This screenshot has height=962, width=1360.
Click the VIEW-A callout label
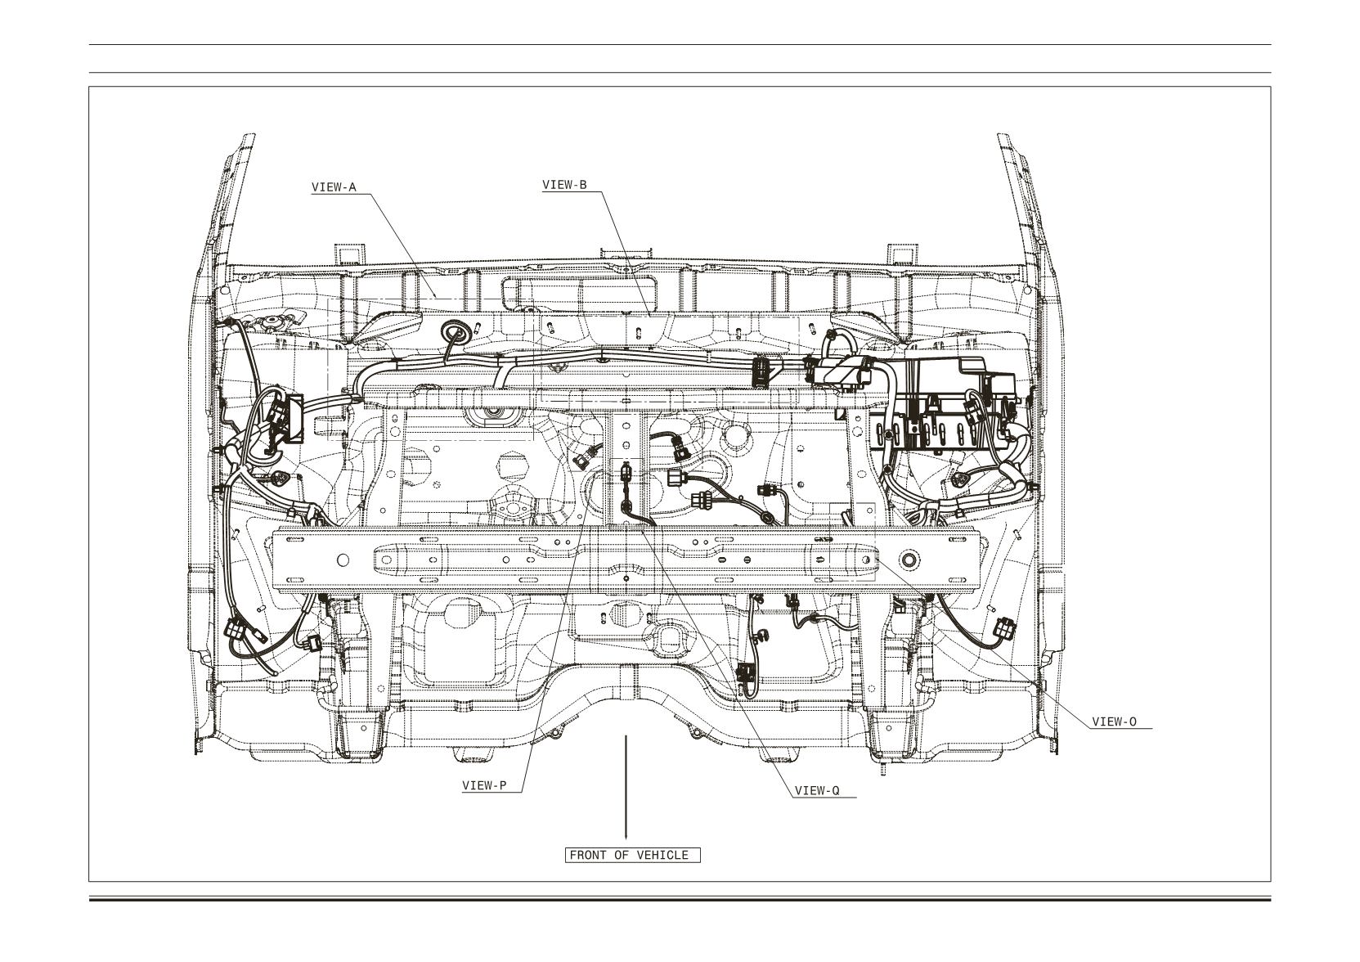tap(334, 187)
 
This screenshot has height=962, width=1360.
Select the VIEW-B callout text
tap(564, 185)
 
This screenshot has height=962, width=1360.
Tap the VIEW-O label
tap(1114, 722)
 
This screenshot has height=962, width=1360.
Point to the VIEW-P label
tap(484, 785)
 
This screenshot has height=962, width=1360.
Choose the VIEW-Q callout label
tap(817, 790)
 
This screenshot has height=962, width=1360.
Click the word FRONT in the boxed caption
tap(588, 855)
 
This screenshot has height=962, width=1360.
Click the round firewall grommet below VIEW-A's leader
tap(456, 333)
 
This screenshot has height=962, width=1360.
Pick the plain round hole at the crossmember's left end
tap(342, 559)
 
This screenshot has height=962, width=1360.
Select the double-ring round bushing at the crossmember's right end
tap(909, 558)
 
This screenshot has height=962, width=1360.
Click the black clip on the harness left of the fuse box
tap(760, 371)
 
